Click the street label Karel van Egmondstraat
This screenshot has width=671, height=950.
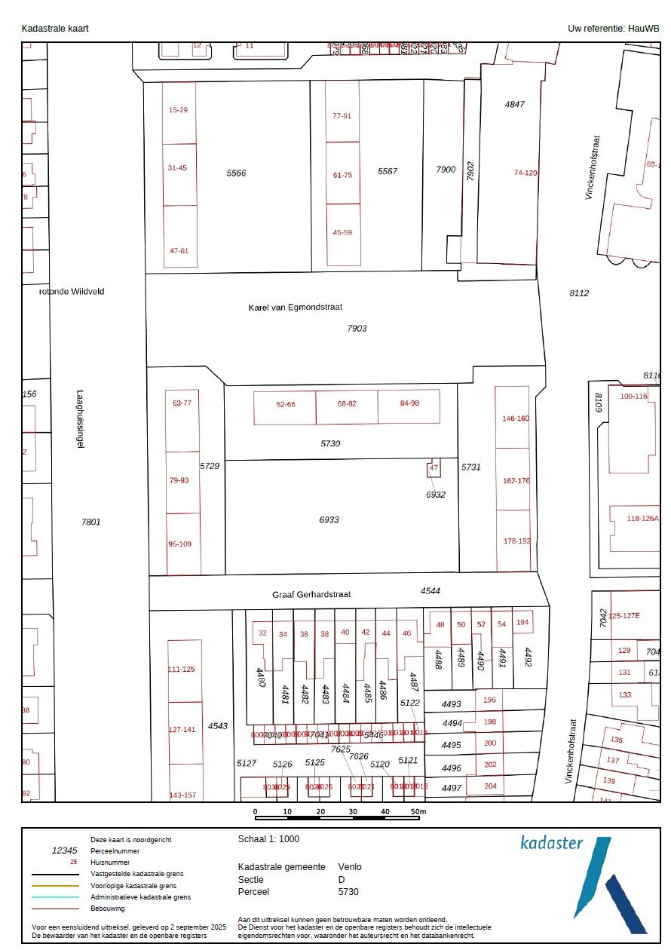[296, 308]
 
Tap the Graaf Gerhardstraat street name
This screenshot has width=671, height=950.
[312, 594]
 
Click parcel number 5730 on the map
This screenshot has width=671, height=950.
[330, 443]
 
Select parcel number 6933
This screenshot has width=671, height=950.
[329, 519]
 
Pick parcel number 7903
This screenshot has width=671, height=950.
[357, 328]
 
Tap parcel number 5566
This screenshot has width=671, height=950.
[236, 173]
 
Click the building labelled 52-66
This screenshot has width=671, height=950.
[286, 404]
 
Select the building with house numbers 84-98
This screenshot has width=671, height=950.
[409, 403]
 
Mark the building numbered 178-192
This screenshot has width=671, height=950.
[516, 541]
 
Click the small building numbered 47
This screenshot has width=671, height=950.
[434, 468]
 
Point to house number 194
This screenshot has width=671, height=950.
[522, 623]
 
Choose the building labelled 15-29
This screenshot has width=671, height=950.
[179, 110]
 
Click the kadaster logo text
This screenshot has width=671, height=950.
[551, 842]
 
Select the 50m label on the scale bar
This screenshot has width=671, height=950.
[418, 811]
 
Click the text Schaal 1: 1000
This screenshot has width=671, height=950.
[268, 838]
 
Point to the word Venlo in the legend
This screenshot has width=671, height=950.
[350, 866]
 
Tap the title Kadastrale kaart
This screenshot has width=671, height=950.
[55, 28]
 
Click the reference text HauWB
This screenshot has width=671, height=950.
[644, 28]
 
